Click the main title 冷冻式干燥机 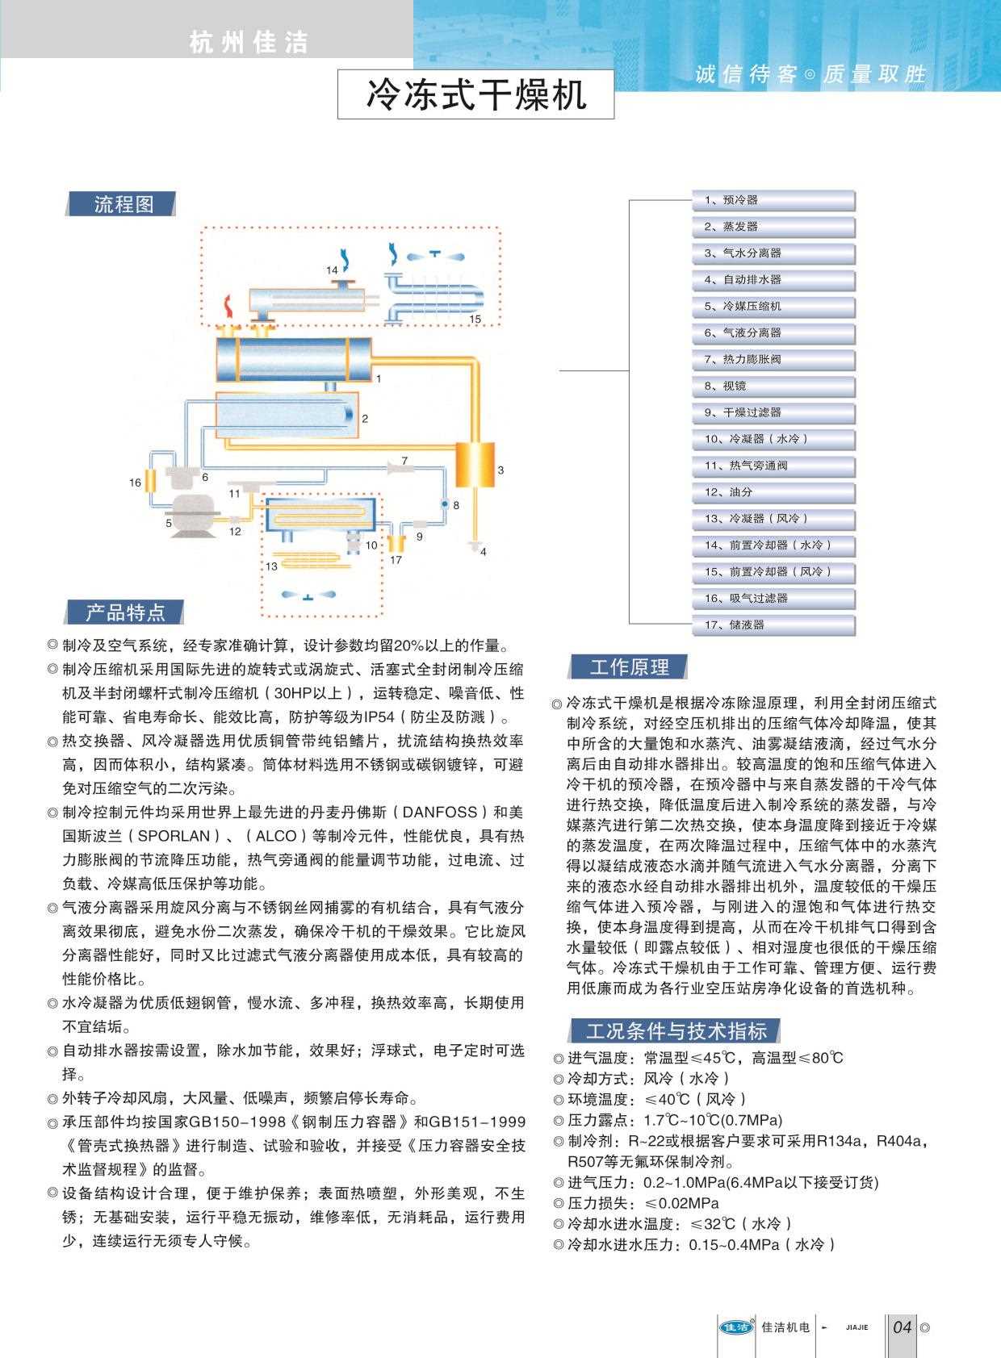tap(475, 94)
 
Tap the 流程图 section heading tap(123, 204)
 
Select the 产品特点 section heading tap(125, 612)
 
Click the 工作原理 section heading tap(630, 667)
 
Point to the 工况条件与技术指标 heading tap(676, 1030)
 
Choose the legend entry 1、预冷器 tap(773, 200)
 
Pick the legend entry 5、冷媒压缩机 tap(773, 307)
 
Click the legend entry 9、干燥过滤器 tap(773, 412)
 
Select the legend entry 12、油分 tap(773, 492)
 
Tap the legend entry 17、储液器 tap(773, 625)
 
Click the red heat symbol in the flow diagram tap(228, 307)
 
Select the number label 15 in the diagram tap(475, 320)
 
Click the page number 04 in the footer tap(902, 1327)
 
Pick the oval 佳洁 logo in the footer tap(735, 1327)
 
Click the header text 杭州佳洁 tap(249, 42)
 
